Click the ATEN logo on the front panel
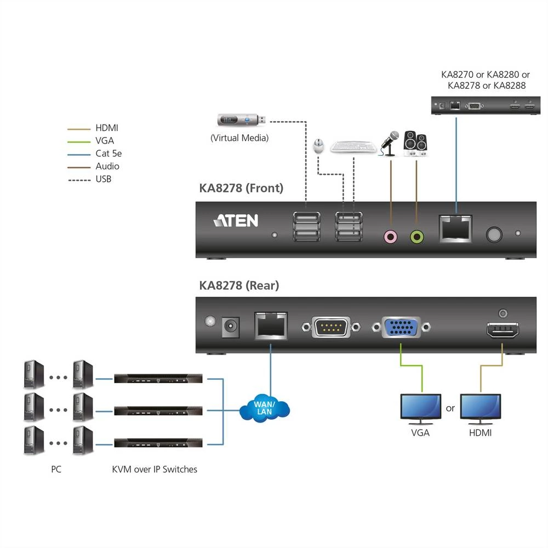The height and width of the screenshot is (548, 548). (235, 220)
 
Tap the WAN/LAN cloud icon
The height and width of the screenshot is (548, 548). (264, 408)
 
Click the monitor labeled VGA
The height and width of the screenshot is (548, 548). (421, 408)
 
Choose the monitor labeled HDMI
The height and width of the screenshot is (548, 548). (480, 408)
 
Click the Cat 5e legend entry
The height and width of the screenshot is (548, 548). (108, 153)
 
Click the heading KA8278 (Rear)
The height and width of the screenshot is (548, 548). (239, 286)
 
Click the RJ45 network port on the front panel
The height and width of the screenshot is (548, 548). (455, 229)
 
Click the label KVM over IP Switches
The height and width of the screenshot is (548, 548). (154, 469)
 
